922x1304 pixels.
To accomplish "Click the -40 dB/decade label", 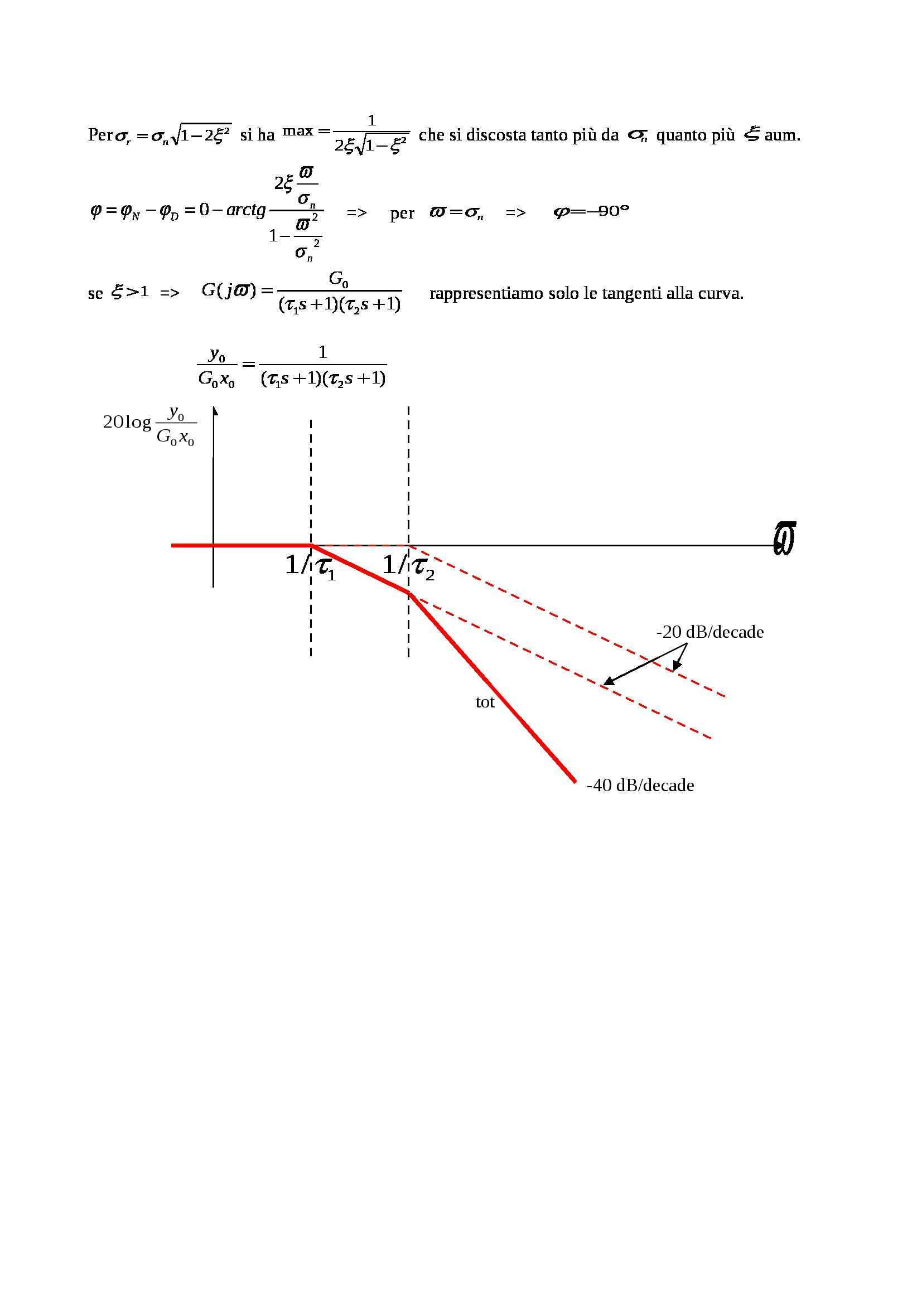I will point(640,786).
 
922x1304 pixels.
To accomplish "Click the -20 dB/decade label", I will point(709,632).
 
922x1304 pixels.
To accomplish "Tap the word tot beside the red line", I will point(485,702).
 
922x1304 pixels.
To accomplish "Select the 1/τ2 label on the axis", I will point(408,566).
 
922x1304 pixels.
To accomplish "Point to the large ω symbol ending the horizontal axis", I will point(784,539).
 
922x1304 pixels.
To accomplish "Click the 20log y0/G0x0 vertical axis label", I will point(149,425).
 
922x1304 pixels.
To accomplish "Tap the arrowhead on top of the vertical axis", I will point(214,410).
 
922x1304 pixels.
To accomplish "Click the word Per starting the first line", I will point(100,135).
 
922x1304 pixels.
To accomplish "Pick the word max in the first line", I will point(298,131).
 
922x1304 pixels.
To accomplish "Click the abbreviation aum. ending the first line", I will point(782,135).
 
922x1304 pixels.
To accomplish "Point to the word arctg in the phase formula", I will point(246,211).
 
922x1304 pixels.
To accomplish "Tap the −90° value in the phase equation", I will point(610,211).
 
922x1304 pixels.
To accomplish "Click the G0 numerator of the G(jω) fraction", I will point(339,279).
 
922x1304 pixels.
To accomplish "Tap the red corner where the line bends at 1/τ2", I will point(409,594).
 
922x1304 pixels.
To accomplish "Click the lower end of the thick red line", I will point(575,782).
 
